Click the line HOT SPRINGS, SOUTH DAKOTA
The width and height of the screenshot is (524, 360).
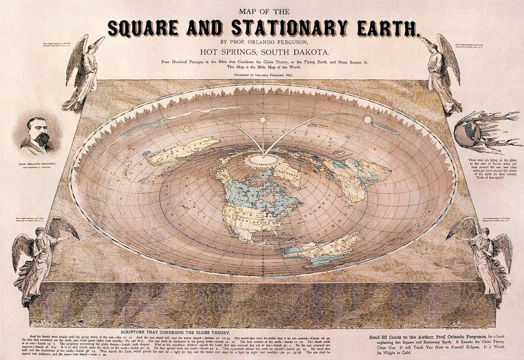click(262, 52)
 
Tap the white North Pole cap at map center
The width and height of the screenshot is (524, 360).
click(264, 160)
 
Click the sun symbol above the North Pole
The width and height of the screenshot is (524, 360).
click(263, 120)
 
